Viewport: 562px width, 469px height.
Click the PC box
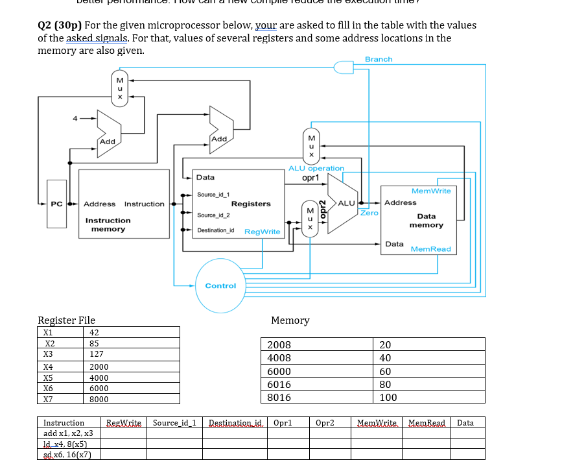(57, 204)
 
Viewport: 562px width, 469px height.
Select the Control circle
(221, 285)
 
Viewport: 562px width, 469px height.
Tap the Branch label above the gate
(379, 59)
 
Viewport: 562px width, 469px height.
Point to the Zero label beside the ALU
(369, 213)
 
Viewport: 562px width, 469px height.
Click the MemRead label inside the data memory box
(430, 249)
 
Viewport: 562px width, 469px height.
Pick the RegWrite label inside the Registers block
(263, 232)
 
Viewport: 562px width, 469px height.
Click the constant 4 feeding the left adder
(75, 118)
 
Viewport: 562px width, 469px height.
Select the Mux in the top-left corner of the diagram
(119, 87)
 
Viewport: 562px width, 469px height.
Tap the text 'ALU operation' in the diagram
(316, 168)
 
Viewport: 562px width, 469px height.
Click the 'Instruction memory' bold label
(108, 224)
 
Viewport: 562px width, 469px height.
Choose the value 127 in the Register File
(97, 354)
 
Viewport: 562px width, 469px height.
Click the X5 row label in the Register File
(48, 377)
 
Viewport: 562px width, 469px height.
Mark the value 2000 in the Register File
(99, 367)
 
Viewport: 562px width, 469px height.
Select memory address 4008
(279, 357)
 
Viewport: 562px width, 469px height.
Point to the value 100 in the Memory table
(388, 397)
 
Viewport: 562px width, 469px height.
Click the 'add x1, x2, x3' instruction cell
(68, 433)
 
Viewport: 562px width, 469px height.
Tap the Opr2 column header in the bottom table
(325, 422)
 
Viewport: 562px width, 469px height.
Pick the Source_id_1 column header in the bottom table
(174, 422)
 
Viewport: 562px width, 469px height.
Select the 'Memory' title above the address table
(290, 320)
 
